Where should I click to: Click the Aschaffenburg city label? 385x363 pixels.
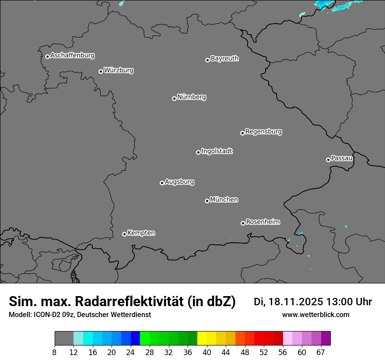click(72, 56)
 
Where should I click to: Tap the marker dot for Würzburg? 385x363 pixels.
click(101, 71)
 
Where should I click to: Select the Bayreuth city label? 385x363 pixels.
click(224, 58)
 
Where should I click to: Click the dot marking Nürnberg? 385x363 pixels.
click(174, 98)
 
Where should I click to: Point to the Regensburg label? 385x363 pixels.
click(263, 131)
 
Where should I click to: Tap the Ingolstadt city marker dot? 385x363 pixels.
click(198, 152)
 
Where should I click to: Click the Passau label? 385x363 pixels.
click(342, 158)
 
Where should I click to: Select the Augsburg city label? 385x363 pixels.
click(179, 181)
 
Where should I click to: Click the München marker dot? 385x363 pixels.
click(207, 201)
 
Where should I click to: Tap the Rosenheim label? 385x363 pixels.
click(262, 222)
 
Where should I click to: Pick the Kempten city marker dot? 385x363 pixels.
click(124, 234)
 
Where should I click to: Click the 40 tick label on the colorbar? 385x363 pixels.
click(207, 353)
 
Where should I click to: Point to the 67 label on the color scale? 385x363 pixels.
click(321, 353)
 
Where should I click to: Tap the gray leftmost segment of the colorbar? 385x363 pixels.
click(64, 339)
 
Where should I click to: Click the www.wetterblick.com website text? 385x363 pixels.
click(315, 314)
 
